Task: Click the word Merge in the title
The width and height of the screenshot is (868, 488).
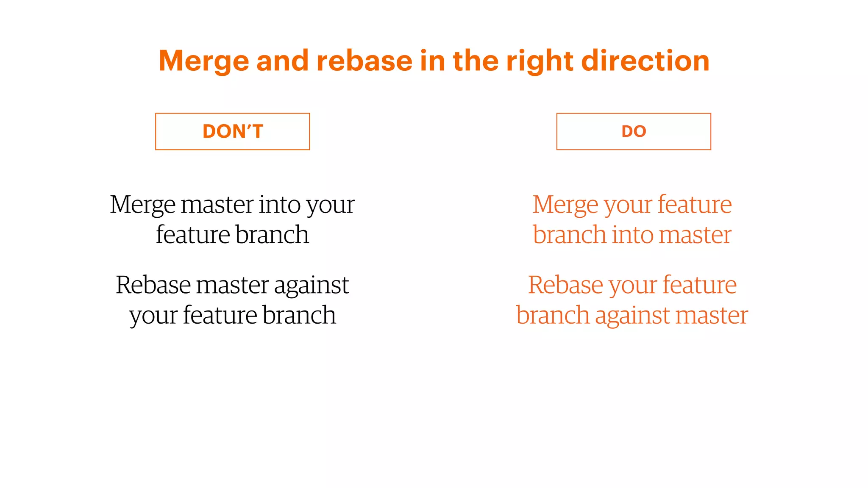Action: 204,61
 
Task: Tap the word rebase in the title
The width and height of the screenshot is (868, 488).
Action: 364,61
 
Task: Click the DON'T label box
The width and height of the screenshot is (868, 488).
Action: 233,131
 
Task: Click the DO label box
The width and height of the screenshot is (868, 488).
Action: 634,131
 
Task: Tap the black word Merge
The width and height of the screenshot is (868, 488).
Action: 142,205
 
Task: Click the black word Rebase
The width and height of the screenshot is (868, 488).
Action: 153,285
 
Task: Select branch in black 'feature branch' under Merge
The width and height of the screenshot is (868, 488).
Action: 272,235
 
